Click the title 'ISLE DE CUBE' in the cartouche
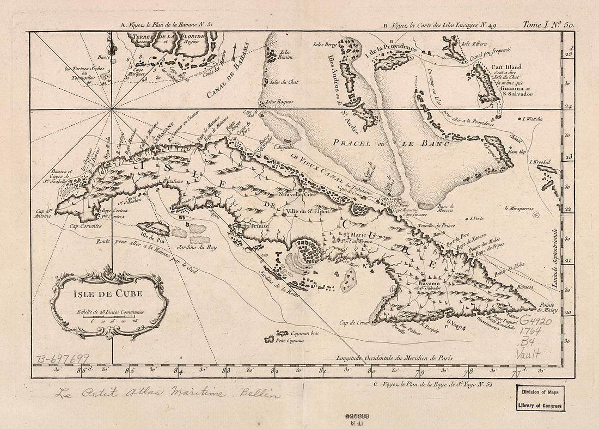coord(108,295)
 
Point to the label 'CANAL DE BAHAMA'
coord(224,73)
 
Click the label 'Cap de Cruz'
coord(354,324)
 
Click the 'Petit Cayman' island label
coord(289,341)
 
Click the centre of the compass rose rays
coord(113,111)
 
